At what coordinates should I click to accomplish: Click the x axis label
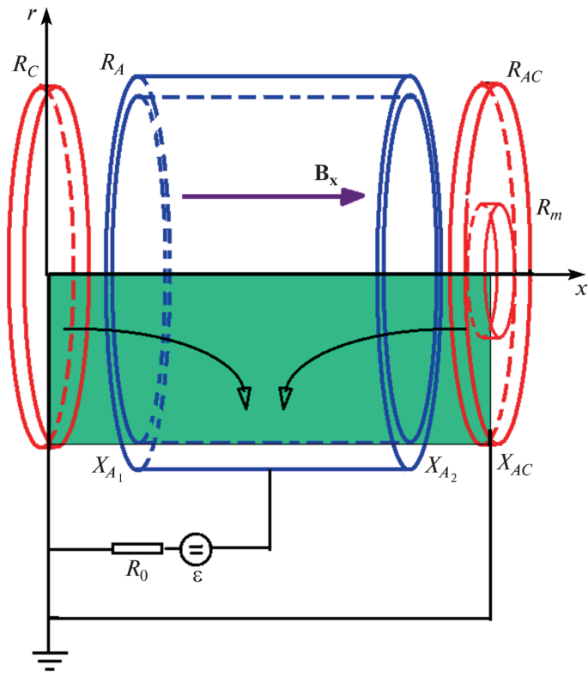tap(580, 289)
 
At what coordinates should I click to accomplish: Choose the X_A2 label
tap(440, 468)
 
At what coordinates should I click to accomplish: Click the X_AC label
tap(519, 468)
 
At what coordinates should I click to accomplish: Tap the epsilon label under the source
tap(197, 576)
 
